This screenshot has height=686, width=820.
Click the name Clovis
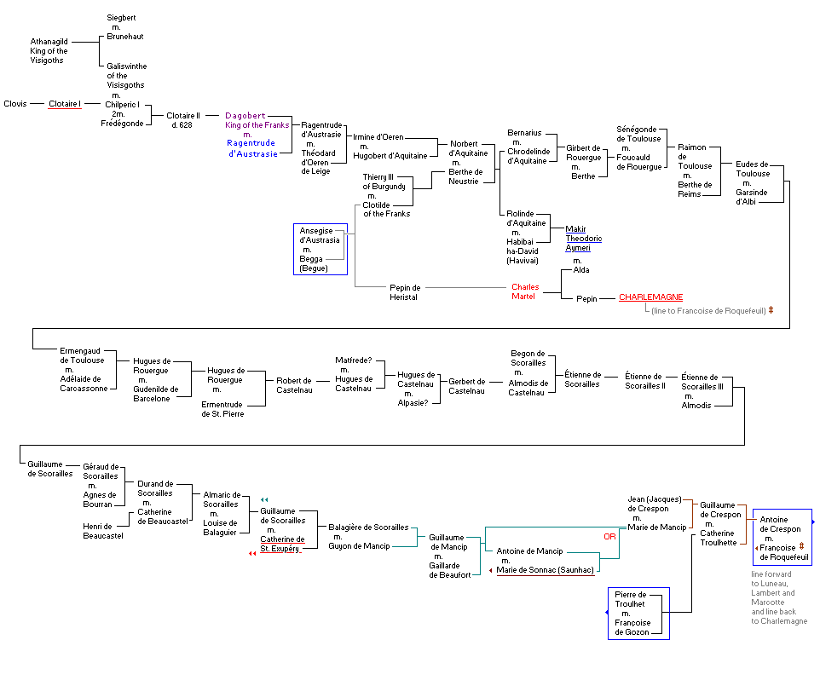click(15, 104)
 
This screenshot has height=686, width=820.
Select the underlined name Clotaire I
click(65, 104)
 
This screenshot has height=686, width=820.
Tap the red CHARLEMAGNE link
click(651, 297)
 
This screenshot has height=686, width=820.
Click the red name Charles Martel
click(526, 291)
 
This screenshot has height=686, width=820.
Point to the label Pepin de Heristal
click(405, 292)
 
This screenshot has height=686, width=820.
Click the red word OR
click(609, 537)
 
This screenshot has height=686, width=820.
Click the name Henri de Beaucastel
click(103, 531)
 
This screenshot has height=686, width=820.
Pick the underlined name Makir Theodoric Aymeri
click(584, 238)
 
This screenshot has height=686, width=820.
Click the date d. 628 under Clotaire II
click(182, 125)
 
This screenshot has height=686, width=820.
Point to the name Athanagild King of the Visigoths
click(49, 50)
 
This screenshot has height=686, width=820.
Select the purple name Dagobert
click(245, 115)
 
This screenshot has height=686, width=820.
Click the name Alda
click(581, 270)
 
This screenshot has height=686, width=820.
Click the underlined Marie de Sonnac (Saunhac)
click(546, 569)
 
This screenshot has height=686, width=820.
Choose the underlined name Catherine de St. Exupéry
click(282, 544)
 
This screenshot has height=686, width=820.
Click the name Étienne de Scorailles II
click(644, 380)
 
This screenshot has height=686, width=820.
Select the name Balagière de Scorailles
click(368, 527)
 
